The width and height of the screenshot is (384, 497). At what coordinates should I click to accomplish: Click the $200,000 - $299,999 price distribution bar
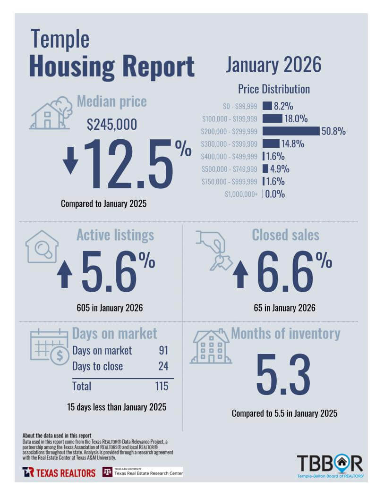tap(290, 131)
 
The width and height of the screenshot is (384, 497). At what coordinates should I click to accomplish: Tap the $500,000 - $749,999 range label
tap(229, 169)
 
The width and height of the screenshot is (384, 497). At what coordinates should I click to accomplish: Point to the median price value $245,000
tap(112, 125)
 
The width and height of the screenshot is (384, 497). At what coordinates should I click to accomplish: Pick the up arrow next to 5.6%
tap(64, 275)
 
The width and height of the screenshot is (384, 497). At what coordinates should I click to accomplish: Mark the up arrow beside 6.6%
tap(240, 275)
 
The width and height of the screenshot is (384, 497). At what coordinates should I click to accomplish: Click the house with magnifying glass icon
tap(42, 247)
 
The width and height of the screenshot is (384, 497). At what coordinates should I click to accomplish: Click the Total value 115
tap(162, 386)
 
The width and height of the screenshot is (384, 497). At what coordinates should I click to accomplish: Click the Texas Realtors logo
tap(59, 472)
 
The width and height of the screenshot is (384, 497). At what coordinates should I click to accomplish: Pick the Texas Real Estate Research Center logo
tap(143, 472)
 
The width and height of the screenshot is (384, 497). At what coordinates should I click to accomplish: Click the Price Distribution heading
tap(273, 89)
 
